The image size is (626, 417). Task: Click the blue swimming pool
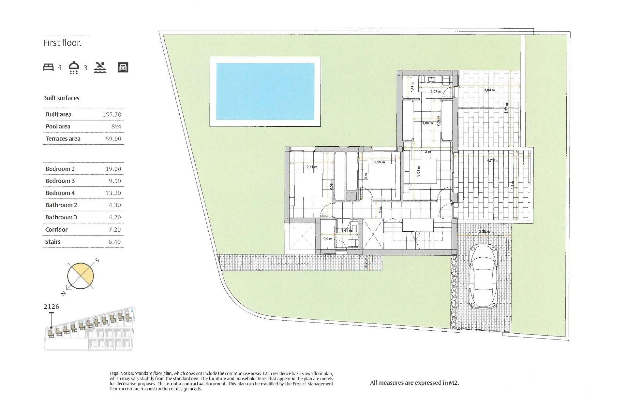[x=265, y=91]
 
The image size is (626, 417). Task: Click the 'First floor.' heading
[x=62, y=43]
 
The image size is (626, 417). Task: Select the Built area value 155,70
[x=112, y=114]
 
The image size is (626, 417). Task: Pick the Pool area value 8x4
[x=116, y=126]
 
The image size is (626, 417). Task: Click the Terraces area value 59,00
[x=113, y=139]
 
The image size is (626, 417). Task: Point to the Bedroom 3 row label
[x=60, y=181]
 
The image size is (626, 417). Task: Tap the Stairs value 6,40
[x=114, y=242]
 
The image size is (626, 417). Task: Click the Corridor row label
[x=56, y=230]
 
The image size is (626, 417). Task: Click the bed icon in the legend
[x=48, y=67]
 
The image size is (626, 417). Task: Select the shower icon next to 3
[x=74, y=67]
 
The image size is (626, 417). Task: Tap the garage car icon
[x=123, y=67]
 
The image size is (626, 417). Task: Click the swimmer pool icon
[x=100, y=67]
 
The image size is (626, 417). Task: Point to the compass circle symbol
[x=81, y=276]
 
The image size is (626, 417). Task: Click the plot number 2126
[x=51, y=307]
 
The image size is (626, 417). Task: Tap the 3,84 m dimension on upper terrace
[x=489, y=90]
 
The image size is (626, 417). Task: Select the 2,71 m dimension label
[x=312, y=167]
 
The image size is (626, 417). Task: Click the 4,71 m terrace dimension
[x=492, y=160]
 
